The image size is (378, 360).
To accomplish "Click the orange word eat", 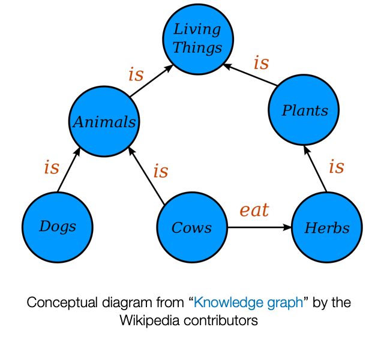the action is [254, 211].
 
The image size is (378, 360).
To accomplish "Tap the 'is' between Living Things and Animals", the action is [136, 75].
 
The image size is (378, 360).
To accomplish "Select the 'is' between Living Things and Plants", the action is [261, 63].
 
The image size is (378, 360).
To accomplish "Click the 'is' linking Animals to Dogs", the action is [52, 168].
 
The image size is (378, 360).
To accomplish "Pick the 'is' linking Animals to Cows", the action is [161, 172].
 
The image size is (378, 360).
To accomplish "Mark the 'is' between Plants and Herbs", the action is [337, 167].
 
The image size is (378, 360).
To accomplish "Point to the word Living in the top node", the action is [197, 29].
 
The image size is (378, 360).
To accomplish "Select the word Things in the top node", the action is [197, 48].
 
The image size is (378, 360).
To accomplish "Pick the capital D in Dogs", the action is [44, 226].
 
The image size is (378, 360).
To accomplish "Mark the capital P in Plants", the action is [287, 111].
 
